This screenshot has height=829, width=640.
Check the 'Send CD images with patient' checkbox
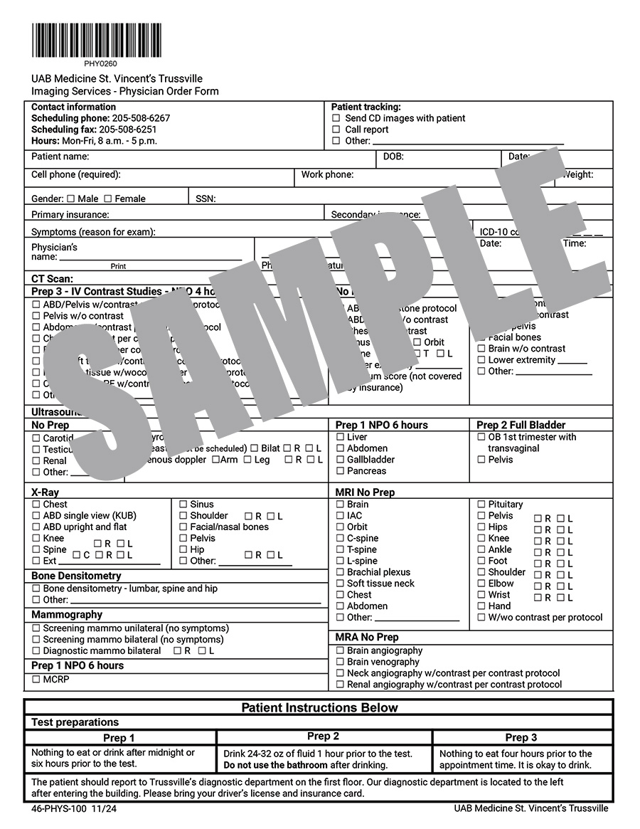[336, 118]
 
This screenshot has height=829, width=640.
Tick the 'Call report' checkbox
[336, 130]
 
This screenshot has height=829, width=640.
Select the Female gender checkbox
[108, 199]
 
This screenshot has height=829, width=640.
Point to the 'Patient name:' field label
[60, 157]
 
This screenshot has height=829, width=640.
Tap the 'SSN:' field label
[206, 199]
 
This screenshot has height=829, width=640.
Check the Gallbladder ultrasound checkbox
[341, 460]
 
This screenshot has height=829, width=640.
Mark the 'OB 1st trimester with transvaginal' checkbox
[481, 437]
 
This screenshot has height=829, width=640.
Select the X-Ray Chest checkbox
[36, 505]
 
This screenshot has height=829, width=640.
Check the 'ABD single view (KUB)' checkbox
[36, 516]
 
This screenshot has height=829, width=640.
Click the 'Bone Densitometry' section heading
[76, 576]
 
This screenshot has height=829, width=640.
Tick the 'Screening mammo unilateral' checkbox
[36, 628]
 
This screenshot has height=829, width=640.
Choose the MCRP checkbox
[36, 680]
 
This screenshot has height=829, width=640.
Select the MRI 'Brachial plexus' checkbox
[341, 572]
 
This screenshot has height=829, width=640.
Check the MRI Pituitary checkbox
[481, 505]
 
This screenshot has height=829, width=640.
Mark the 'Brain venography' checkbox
[341, 662]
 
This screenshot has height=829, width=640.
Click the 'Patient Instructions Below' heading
[319, 707]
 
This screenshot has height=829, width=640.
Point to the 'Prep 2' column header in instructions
[323, 736]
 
